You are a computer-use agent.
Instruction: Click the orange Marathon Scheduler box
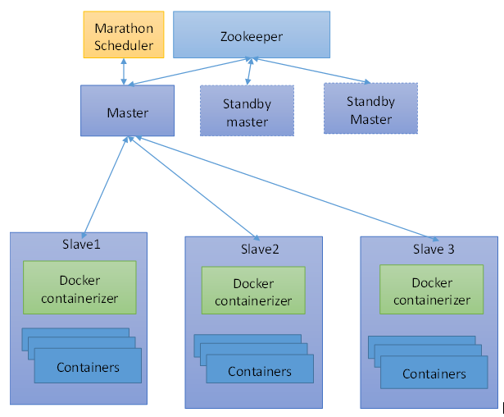click(x=124, y=34)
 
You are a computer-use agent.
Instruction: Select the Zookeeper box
click(x=250, y=35)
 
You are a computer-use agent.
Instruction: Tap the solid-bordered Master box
click(x=127, y=112)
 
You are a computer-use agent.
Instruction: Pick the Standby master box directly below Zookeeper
click(x=247, y=112)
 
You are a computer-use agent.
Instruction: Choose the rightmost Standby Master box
click(x=371, y=110)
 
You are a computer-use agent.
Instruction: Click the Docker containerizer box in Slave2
click(x=253, y=292)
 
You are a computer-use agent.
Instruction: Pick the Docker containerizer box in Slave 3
click(x=432, y=291)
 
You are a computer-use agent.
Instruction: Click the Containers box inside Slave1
click(x=88, y=366)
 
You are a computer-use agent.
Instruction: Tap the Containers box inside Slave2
click(x=259, y=371)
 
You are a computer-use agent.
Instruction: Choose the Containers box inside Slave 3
click(x=434, y=373)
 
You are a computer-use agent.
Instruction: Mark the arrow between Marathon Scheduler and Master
click(x=124, y=71)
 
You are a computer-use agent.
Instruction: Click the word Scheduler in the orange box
click(x=124, y=45)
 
